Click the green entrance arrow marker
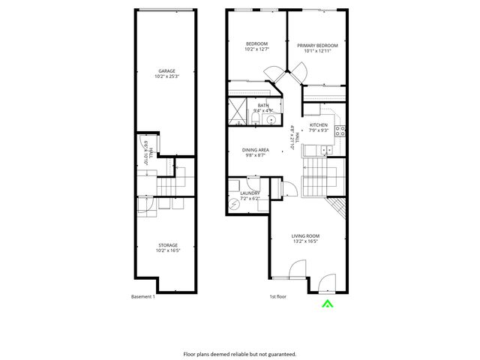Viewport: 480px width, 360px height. coord(326,304)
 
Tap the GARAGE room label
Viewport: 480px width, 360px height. coord(166,71)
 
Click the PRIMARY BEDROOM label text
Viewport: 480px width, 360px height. coord(317,46)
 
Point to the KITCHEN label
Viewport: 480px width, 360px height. coord(319,124)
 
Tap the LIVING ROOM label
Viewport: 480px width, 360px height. coord(305,236)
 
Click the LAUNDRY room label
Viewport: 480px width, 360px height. coord(250,193)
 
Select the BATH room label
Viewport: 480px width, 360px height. coord(263,106)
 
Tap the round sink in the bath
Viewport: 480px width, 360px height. coord(271,119)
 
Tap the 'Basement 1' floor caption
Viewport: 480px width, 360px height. coord(142,296)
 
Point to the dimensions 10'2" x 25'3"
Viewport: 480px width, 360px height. coord(166,76)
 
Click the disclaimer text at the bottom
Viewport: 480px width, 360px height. coord(240,353)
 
